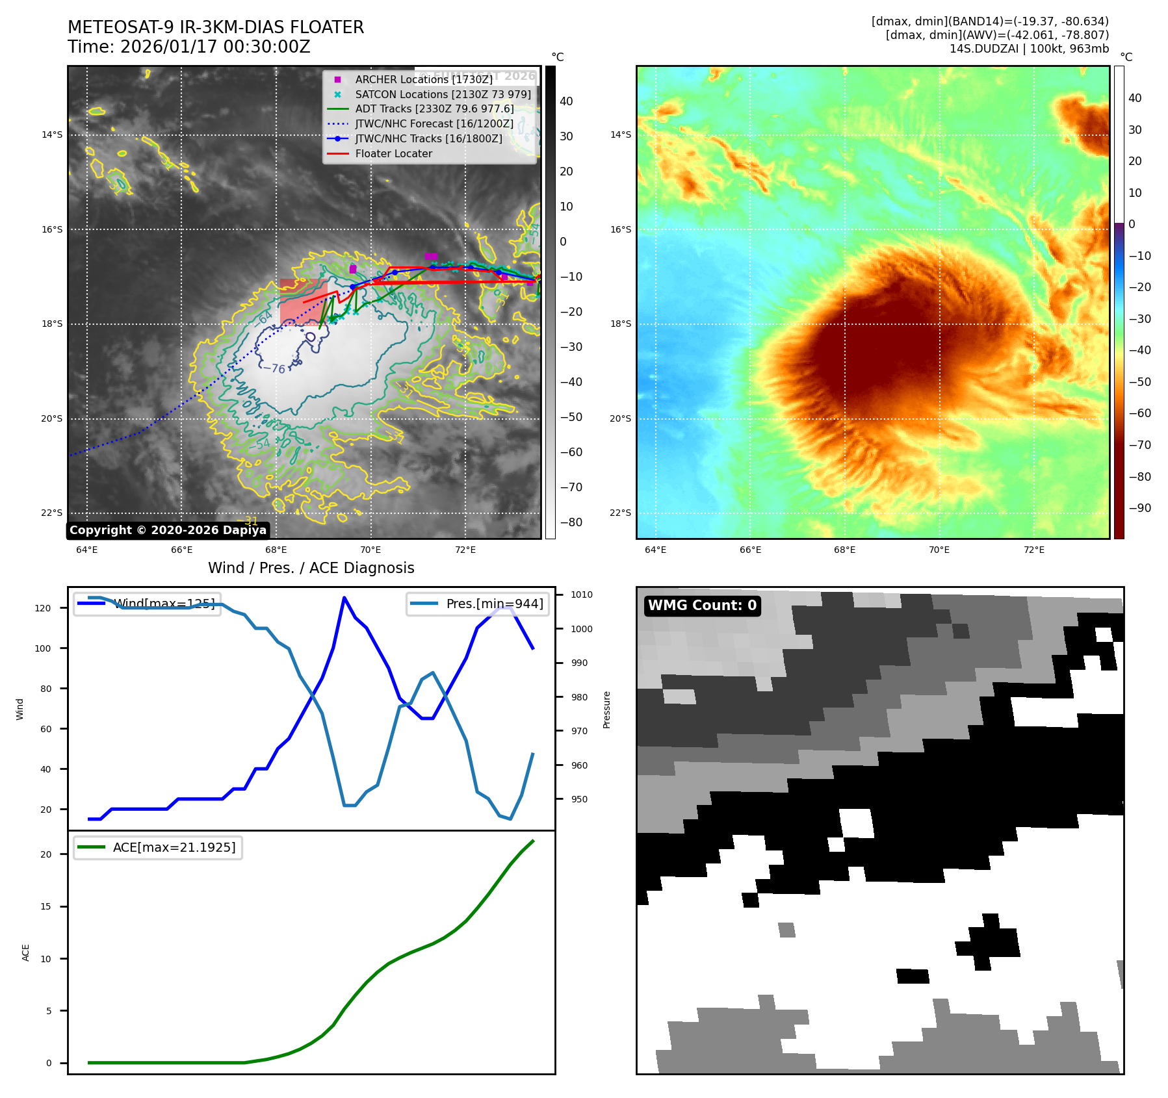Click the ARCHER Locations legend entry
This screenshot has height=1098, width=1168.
tap(424, 79)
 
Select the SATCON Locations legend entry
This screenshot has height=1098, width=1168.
tap(443, 94)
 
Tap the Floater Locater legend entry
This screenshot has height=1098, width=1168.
tap(393, 154)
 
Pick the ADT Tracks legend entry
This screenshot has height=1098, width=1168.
tap(434, 109)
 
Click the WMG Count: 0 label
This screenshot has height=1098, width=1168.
tap(702, 606)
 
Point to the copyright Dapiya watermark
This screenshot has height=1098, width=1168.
tap(168, 530)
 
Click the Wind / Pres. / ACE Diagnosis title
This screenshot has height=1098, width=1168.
tap(311, 568)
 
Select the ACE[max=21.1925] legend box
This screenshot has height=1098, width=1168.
tap(158, 848)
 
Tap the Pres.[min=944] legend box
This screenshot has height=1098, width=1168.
tap(478, 604)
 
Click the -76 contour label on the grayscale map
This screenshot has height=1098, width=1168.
tap(274, 368)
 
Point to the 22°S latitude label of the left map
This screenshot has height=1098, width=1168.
tap(52, 513)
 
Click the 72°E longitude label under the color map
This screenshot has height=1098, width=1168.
tap(1033, 550)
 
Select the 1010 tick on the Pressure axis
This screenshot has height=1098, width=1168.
tap(581, 594)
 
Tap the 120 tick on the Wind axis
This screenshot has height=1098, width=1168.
tap(43, 608)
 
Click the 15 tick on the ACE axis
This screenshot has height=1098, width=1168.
tap(45, 906)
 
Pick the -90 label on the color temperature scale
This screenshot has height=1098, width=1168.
tap(1139, 508)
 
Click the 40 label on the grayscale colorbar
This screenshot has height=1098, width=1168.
tap(566, 101)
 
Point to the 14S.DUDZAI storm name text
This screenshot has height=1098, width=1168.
tap(983, 49)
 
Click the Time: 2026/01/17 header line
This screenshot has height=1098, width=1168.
tap(189, 47)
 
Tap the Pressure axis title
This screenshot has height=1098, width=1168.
tap(606, 709)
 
